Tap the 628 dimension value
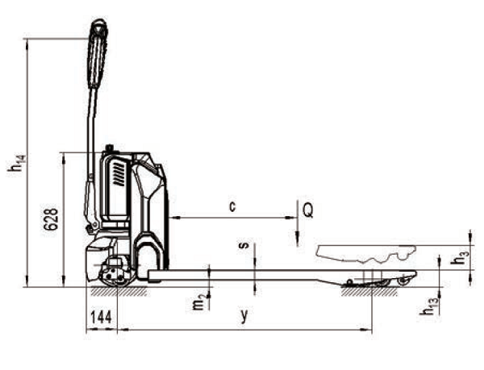click(51, 219)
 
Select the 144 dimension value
click(101, 317)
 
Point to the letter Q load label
click(308, 211)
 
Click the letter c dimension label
click(233, 206)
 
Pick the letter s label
click(244, 245)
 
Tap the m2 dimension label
click(199, 302)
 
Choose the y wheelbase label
click(244, 315)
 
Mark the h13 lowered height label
click(429, 307)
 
